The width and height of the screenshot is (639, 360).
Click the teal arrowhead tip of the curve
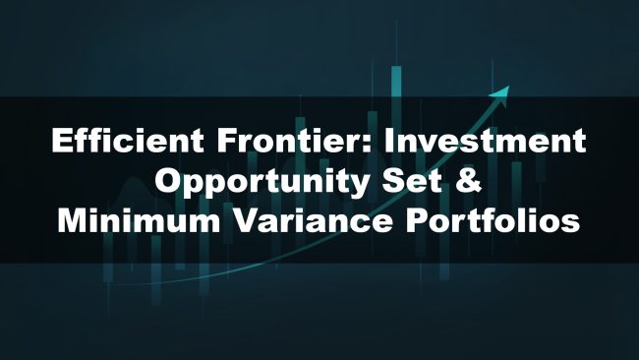pos(508,90)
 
